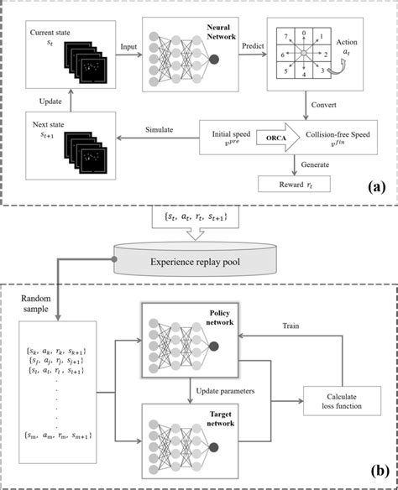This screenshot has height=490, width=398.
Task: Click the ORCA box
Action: click(250, 136)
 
